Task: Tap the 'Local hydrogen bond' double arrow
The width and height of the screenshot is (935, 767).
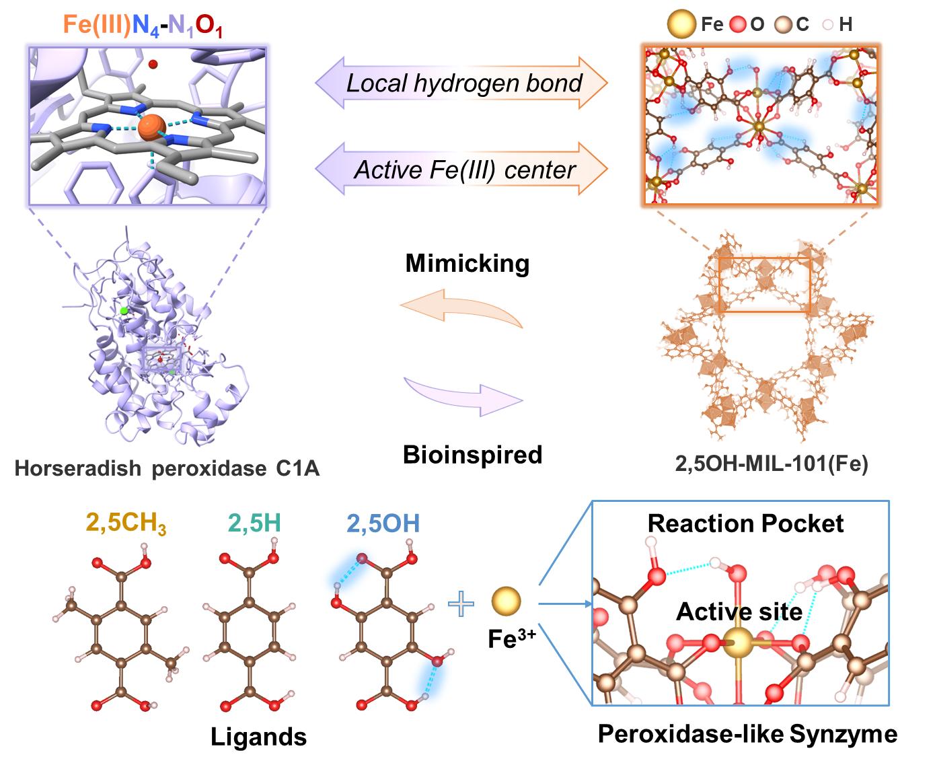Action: tap(462, 83)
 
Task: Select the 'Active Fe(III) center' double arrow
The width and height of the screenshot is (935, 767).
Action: tap(462, 168)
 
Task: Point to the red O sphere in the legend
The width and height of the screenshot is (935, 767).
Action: tap(740, 26)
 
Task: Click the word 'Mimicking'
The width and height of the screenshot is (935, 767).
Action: tap(467, 263)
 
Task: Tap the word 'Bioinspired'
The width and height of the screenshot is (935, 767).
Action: tap(472, 455)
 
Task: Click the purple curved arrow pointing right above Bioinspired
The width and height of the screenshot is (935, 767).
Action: tap(463, 394)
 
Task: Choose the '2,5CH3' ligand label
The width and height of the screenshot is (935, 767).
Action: tap(126, 523)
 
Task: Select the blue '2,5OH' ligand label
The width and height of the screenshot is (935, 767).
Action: tap(383, 523)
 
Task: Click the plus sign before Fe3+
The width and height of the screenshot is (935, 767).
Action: tap(461, 604)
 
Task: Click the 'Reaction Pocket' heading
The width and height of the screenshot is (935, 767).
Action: tap(745, 523)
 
